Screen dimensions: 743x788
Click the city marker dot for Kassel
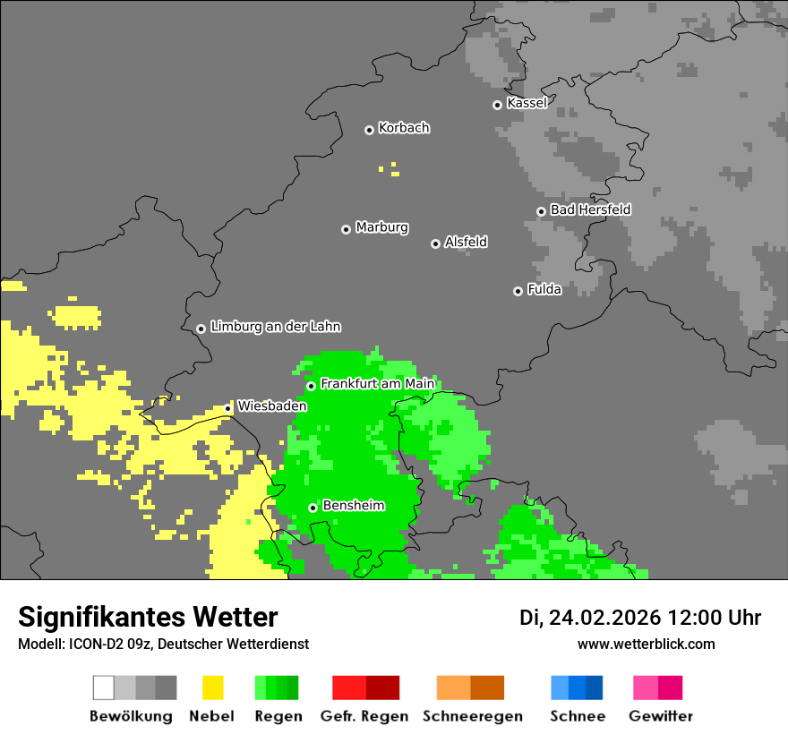point(497,105)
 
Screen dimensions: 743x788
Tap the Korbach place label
point(404,128)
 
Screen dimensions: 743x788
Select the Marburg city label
point(381,227)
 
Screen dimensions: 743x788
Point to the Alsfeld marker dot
point(435,243)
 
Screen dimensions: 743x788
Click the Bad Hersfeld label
point(590,209)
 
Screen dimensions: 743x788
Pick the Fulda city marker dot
point(518,291)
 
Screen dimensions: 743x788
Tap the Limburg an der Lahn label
point(275,327)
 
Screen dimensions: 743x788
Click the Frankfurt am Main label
point(377,384)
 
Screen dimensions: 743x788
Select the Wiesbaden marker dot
point(227,408)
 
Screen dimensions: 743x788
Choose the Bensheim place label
point(353,506)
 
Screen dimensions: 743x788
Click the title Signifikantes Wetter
point(148,617)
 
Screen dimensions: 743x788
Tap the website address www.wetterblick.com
point(646,644)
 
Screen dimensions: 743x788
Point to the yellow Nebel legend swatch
point(212,687)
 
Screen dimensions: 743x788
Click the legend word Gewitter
point(661,716)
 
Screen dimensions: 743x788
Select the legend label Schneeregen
point(473,716)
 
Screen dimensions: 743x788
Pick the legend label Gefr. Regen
point(364,716)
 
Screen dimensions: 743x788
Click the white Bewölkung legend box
point(104,687)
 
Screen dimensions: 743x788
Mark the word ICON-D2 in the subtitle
point(86,644)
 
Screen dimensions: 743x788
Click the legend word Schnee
point(577,716)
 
